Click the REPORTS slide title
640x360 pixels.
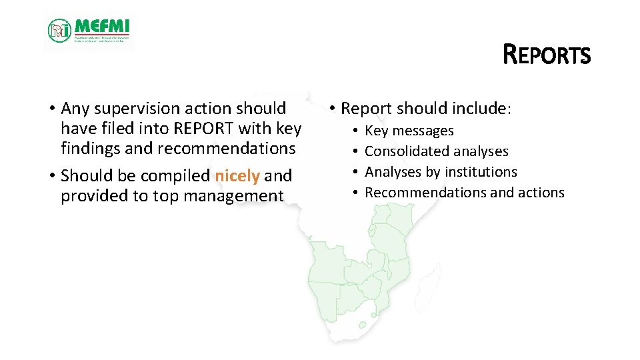pyautogui.click(x=547, y=55)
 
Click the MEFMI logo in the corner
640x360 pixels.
pyautogui.click(x=89, y=31)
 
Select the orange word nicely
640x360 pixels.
pyautogui.click(x=237, y=176)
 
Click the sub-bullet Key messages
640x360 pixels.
pyautogui.click(x=409, y=131)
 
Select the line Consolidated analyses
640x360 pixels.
pyautogui.click(x=436, y=151)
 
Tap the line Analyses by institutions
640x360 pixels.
pyautogui.click(x=441, y=172)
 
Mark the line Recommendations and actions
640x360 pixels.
pyautogui.click(x=464, y=193)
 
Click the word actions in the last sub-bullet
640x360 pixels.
pyautogui.click(x=541, y=193)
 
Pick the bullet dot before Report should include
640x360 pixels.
pyautogui.click(x=331, y=109)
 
